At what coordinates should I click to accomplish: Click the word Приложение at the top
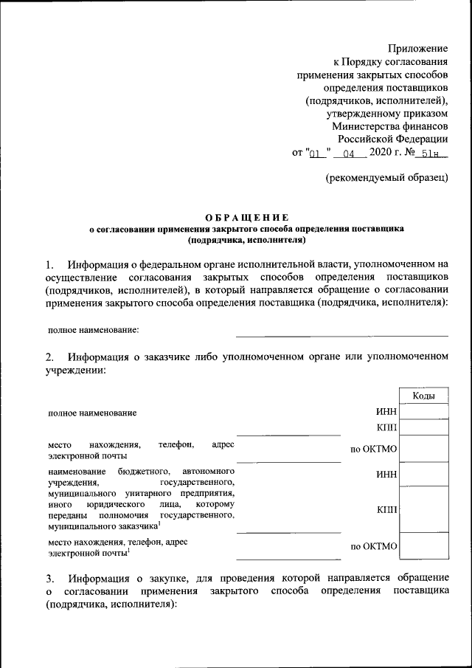(417, 48)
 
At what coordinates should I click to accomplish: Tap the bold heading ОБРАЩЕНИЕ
(246, 217)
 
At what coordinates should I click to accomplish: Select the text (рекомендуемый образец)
(387, 178)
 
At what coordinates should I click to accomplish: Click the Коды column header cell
(423, 396)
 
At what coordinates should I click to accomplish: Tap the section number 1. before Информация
(49, 264)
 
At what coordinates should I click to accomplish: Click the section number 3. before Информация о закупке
(49, 576)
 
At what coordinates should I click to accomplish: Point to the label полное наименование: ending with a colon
(94, 330)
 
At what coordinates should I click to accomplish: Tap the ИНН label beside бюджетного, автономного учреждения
(386, 475)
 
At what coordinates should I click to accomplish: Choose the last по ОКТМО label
(374, 546)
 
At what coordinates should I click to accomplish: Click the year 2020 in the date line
(383, 154)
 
